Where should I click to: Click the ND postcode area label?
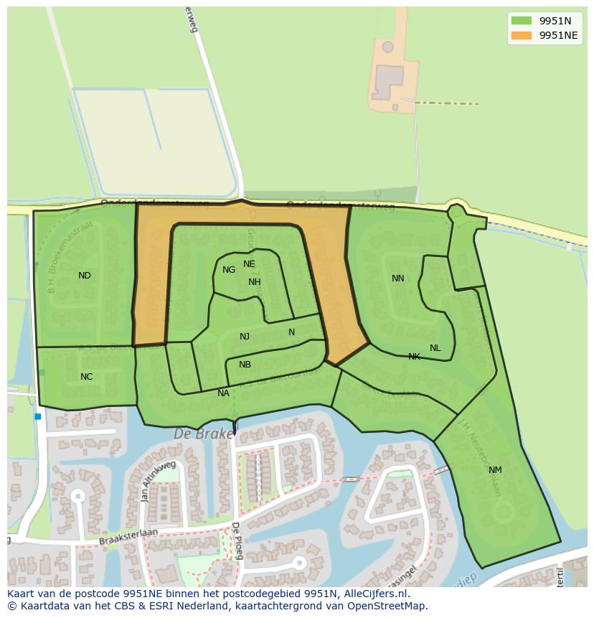click(x=85, y=276)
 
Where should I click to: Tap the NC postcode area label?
click(x=86, y=377)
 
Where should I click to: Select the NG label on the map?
click(x=229, y=270)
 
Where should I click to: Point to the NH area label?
click(x=255, y=282)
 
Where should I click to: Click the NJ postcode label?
click(x=245, y=337)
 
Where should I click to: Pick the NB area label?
click(x=245, y=365)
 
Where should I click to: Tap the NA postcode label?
click(x=223, y=393)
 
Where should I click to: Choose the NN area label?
click(x=398, y=278)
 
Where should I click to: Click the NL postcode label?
click(x=435, y=348)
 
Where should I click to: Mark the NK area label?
click(x=414, y=357)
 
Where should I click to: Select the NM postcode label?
click(x=495, y=470)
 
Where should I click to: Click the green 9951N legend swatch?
click(x=521, y=21)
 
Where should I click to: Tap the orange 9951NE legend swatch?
click(x=521, y=35)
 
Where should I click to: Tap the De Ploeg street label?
click(x=236, y=540)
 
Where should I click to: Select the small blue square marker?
click(x=37, y=416)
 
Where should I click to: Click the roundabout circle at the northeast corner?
click(x=456, y=212)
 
